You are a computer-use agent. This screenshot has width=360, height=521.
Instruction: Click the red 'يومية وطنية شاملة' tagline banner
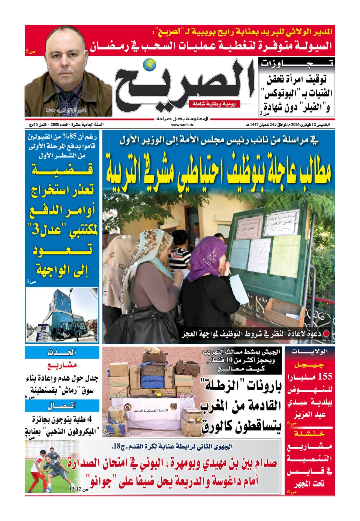coord(214,104)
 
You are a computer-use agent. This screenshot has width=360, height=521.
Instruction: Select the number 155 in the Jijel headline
coord(325,377)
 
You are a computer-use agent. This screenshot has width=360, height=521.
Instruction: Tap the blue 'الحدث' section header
coord(62,352)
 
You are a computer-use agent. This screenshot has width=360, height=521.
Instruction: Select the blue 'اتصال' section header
coord(62,406)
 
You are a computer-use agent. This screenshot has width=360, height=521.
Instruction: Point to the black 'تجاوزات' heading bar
coord(296,63)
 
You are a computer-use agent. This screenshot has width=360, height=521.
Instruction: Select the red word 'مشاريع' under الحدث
coord(62,365)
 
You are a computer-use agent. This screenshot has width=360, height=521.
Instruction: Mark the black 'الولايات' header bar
coord(310,352)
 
